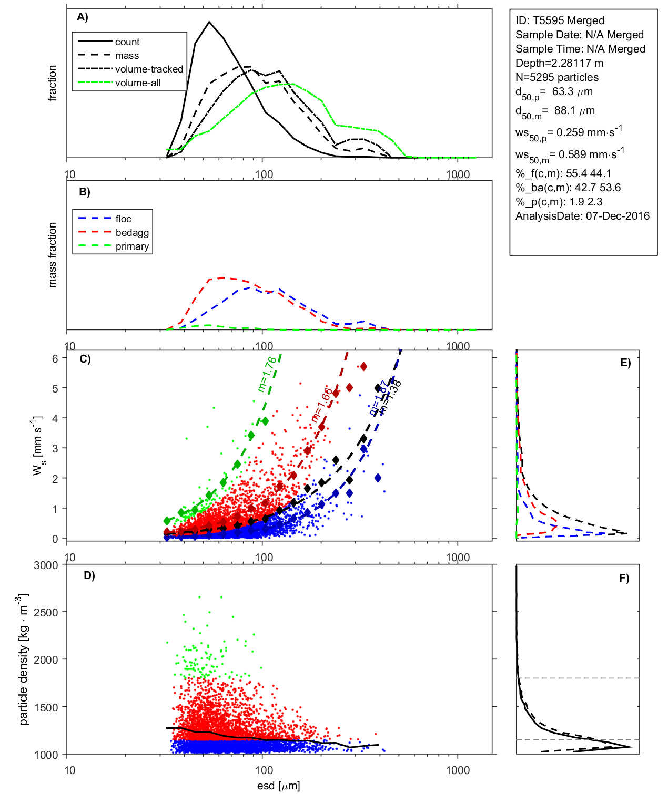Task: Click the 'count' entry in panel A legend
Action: (127, 42)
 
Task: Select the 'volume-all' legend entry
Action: (137, 83)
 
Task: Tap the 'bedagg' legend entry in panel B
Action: (132, 233)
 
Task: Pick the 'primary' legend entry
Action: (132, 246)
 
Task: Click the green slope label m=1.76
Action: (267, 374)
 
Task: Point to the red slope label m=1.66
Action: (321, 405)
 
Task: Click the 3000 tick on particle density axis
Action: (46, 565)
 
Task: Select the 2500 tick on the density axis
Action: (46, 612)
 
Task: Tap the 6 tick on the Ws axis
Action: (55, 358)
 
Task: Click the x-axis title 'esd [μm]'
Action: (278, 786)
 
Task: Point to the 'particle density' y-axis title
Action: (23, 659)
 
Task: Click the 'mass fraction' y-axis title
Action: (52, 255)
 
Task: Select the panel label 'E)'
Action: (625, 363)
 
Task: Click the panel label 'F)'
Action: (624, 578)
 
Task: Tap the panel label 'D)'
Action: (89, 575)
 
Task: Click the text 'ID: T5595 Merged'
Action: (560, 20)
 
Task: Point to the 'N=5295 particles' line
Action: (556, 77)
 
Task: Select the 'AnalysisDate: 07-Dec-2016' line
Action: (582, 216)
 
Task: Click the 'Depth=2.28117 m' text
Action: (559, 63)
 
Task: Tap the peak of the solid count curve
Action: (209, 22)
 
